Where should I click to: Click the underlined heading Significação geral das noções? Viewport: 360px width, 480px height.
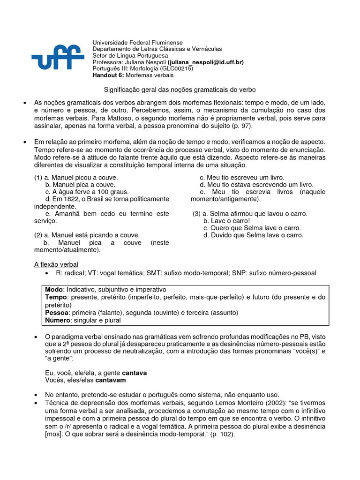pyautogui.click(x=180, y=89)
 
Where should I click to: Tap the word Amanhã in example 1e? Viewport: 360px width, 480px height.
pyautogui.click(x=69, y=213)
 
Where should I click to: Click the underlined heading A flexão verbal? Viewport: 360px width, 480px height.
pyautogui.click(x=56, y=265)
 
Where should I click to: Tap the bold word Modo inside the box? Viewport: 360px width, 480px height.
pyautogui.click(x=53, y=290)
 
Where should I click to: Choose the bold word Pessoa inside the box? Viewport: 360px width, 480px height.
pyautogui.click(x=57, y=313)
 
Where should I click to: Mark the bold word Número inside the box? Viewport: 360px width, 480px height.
pyautogui.click(x=58, y=320)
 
